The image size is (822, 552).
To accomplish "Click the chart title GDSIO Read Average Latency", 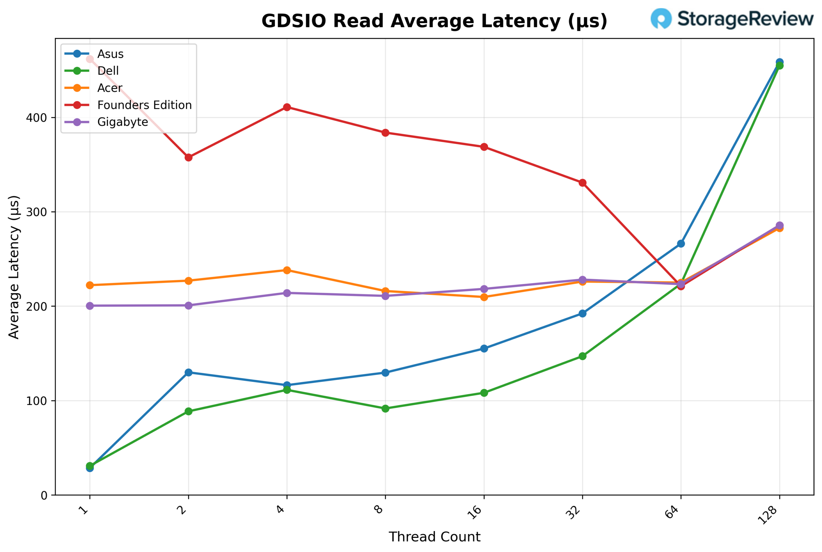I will pos(434,21).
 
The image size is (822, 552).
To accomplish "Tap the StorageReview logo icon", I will pos(661,18).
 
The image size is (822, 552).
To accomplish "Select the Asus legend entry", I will pos(110,54).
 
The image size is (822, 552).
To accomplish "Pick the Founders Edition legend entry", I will pos(144,105).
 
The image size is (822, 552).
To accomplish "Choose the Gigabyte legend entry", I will pos(122,122).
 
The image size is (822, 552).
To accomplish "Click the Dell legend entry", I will pos(108,71).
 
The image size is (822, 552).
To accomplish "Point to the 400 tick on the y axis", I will pos(36,117).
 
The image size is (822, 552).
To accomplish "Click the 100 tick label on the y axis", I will pos(36,401).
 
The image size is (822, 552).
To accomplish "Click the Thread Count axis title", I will pos(434,537).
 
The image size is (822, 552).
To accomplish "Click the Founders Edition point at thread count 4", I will pos(287,107).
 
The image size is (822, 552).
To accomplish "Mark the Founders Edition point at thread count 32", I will pos(582,183).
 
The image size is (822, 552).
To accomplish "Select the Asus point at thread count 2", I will pos(188,373).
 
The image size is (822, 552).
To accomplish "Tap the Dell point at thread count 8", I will pos(385,409).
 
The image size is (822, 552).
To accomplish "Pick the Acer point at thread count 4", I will pos(287,270).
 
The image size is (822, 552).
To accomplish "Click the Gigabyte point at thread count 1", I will pos(90,306).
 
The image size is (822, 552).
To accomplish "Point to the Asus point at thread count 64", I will pos(681,244).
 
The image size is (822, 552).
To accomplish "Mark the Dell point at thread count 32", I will pos(582,356).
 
